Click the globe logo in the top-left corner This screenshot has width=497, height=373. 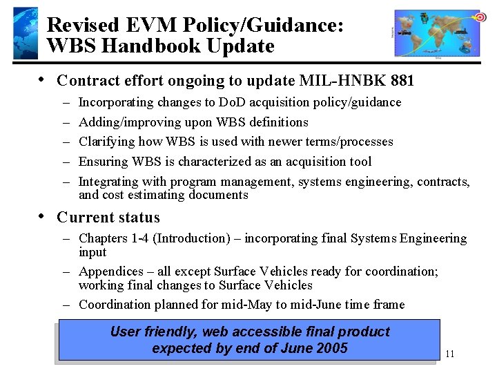pyautogui.click(x=25, y=32)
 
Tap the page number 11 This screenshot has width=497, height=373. pyautogui.click(x=450, y=354)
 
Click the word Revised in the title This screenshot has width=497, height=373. pyautogui.click(x=82, y=26)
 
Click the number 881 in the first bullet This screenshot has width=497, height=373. pyautogui.click(x=402, y=81)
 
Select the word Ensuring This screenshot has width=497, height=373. pyautogui.click(x=104, y=162)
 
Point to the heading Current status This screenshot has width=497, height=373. pyautogui.click(x=108, y=217)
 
